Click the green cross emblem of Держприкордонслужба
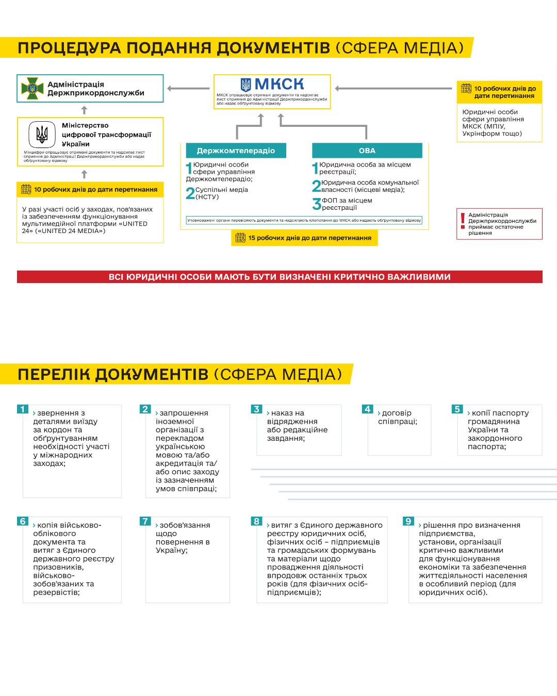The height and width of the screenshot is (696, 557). pos(32,89)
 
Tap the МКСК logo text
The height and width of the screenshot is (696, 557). pos(272,85)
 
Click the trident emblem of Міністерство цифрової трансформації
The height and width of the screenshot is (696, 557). pos(42,135)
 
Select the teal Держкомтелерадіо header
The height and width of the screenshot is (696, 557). pos(236,151)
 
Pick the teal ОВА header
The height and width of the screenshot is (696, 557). pos(367,151)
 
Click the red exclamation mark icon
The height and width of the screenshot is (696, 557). pos(463,221)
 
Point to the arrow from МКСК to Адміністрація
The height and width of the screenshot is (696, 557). pos(188,89)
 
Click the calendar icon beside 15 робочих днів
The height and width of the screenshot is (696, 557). pos(240,238)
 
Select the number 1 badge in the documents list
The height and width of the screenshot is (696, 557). pos(23,409)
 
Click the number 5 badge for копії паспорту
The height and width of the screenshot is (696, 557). pos(457,409)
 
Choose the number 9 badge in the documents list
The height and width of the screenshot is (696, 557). pos(408,521)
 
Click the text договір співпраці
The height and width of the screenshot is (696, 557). pos(397,417)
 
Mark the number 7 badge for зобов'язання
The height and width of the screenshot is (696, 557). pos(145,521)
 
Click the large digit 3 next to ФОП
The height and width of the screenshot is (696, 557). pos(317,204)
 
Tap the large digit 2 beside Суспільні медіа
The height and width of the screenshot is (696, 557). pos(190,193)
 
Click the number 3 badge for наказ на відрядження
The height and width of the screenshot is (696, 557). pos(256,409)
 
